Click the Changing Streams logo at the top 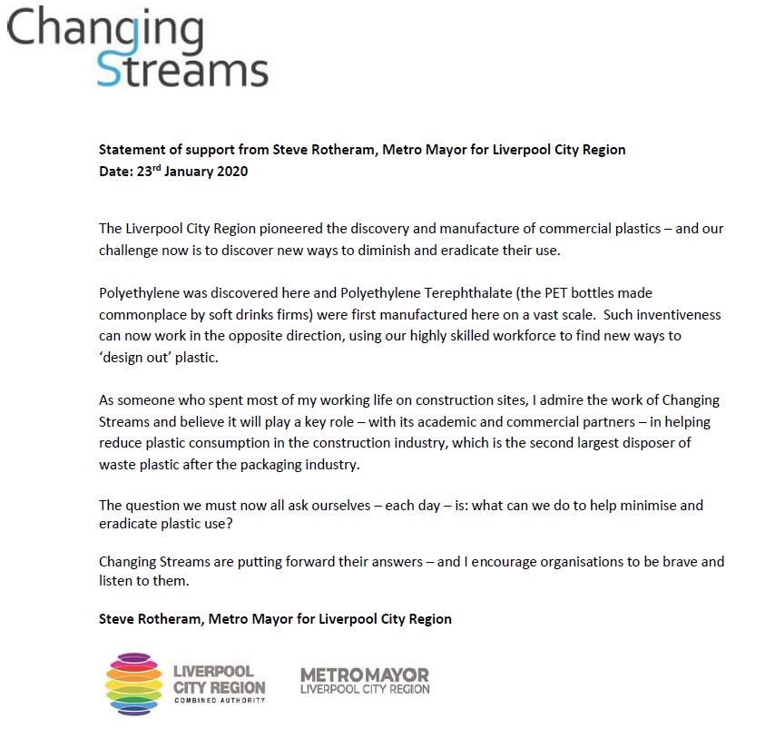pyautogui.click(x=138, y=45)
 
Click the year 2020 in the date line pyautogui.click(x=231, y=171)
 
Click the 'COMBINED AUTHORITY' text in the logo pyautogui.click(x=220, y=701)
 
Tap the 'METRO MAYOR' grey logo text pyautogui.click(x=364, y=675)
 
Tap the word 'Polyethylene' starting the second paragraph pyautogui.click(x=140, y=294)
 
